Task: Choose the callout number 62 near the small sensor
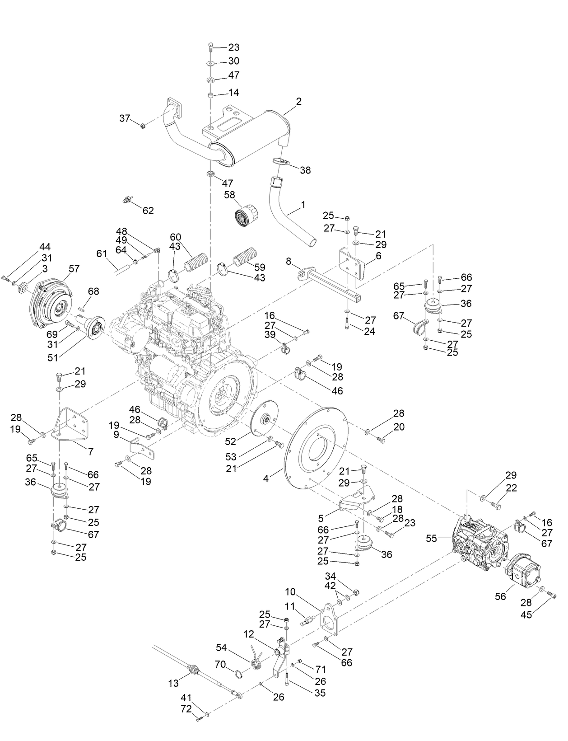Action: point(148,211)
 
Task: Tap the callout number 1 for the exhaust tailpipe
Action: point(303,205)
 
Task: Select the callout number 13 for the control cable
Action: point(174,684)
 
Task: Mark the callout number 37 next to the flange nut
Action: point(125,118)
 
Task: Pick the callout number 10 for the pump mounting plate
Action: point(290,591)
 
